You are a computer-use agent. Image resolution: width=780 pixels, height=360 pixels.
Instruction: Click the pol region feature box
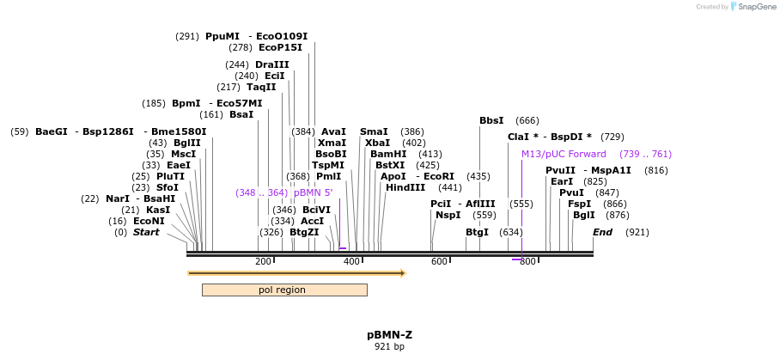tap(283, 290)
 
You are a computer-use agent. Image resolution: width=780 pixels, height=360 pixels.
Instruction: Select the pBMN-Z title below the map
tap(389, 334)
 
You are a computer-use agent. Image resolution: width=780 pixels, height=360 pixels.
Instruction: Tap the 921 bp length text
tap(389, 347)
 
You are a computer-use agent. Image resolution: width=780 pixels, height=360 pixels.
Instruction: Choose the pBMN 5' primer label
tap(313, 192)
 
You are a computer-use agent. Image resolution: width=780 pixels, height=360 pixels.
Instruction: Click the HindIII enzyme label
tap(405, 187)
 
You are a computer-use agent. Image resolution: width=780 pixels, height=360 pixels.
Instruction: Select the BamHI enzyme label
tap(388, 154)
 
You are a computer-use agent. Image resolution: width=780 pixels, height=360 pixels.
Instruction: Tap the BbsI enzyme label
tap(491, 120)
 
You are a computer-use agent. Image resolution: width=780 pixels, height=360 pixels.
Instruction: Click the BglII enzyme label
tap(186, 143)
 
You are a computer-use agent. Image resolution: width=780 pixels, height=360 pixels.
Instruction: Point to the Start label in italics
tap(145, 232)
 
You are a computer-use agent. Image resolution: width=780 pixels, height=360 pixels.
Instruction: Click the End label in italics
tap(602, 232)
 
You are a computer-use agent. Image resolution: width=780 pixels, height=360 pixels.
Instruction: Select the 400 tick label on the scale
tap(351, 261)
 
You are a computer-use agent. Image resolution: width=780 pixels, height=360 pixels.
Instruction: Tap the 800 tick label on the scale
tap(527, 261)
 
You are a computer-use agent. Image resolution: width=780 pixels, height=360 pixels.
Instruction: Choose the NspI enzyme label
tap(448, 215)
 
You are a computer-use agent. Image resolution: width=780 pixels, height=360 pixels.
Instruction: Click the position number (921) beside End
tap(637, 232)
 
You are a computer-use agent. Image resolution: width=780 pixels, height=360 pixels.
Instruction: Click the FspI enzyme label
tap(579, 204)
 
